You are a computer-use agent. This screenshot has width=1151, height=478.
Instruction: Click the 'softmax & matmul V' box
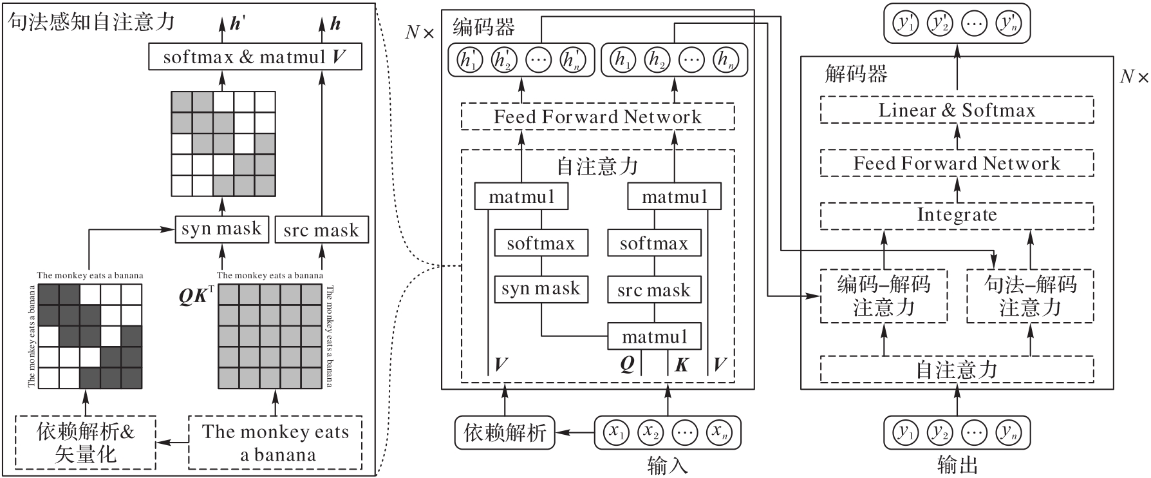(255, 57)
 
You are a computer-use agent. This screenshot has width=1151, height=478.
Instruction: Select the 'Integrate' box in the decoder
(957, 215)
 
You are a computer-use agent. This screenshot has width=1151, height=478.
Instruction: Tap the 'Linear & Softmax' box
(957, 110)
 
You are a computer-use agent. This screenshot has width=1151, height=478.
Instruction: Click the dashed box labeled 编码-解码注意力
(883, 296)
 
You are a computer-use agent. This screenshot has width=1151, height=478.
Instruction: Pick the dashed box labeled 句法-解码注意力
(1030, 296)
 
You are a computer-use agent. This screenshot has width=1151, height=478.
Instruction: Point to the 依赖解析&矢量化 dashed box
(86, 443)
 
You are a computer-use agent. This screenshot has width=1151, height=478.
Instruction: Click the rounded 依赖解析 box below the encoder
(505, 432)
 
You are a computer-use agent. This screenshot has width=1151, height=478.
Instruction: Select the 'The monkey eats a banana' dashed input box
(276, 443)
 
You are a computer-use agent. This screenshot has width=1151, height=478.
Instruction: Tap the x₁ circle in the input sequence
(617, 432)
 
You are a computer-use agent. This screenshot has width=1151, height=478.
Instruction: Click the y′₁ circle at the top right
(906, 24)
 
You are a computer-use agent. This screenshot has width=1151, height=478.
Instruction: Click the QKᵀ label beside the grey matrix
(195, 298)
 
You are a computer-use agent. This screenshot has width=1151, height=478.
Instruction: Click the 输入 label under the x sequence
(668, 465)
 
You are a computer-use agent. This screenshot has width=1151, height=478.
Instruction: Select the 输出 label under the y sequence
(957, 465)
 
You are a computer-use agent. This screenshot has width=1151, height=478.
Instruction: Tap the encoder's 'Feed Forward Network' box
(597, 117)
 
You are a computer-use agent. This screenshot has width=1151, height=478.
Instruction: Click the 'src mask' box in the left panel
(321, 230)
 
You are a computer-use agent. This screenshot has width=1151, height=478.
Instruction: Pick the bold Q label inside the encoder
(627, 365)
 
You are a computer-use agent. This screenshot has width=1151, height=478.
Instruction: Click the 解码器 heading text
(856, 74)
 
